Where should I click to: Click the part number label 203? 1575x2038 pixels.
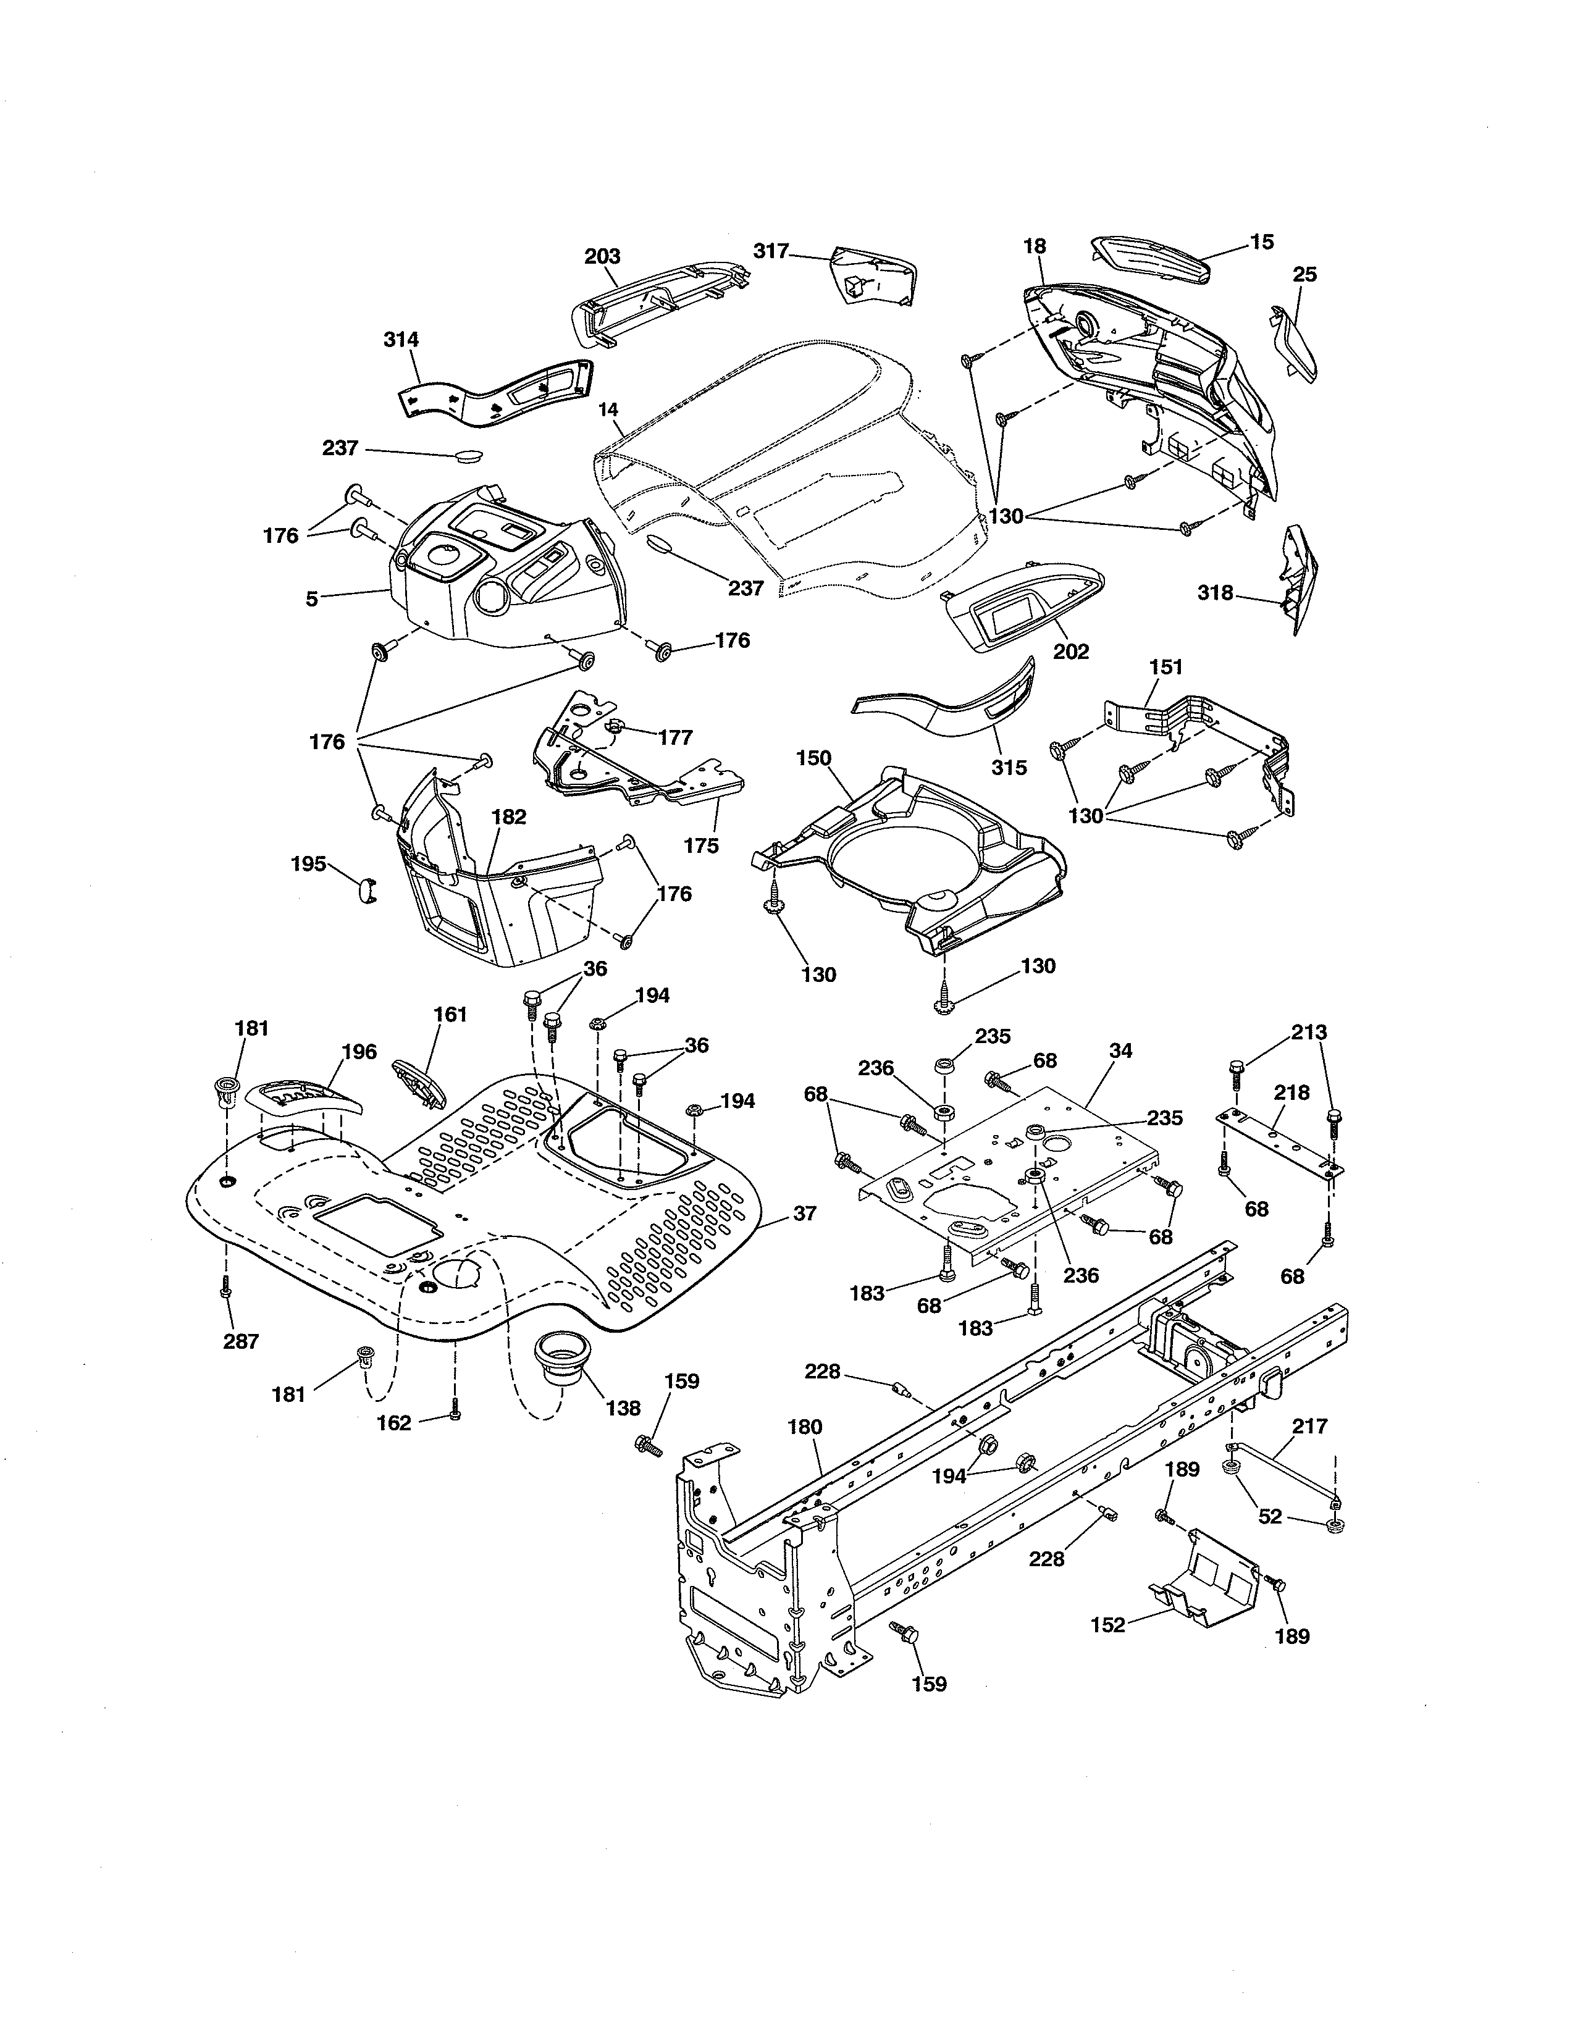(602, 256)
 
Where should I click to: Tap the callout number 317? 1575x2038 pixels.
(771, 250)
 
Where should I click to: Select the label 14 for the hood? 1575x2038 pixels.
(608, 409)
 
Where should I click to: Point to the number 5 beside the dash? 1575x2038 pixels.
(312, 598)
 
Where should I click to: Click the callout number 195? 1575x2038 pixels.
(308, 863)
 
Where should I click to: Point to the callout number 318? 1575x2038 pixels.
(1215, 592)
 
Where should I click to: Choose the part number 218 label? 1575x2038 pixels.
(1292, 1092)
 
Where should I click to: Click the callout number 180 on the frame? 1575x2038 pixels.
(804, 1427)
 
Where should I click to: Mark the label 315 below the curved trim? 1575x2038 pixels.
(1009, 767)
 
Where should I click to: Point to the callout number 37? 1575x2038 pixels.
(804, 1213)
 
